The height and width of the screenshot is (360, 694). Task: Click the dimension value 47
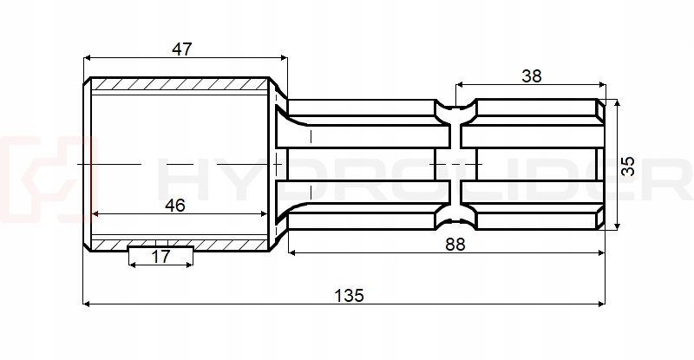[181, 49]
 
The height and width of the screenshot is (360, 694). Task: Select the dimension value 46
[174, 206]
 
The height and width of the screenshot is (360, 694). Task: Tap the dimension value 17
[160, 256]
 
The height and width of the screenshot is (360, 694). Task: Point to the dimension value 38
[532, 75]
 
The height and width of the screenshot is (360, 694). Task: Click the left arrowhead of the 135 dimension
[87, 304]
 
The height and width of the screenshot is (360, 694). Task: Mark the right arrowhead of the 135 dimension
[600, 304]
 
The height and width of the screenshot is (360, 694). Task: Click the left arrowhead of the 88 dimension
[291, 252]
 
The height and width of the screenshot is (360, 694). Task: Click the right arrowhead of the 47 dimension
[282, 58]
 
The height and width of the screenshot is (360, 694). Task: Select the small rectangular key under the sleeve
[160, 252]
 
